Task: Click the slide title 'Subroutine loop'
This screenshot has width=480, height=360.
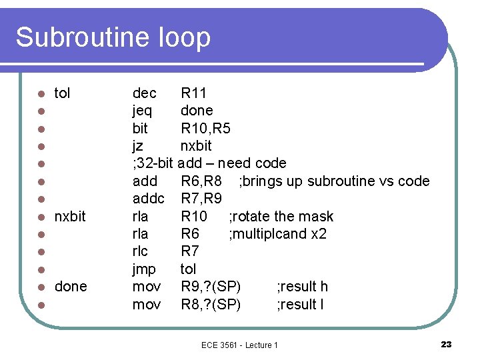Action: click(x=113, y=37)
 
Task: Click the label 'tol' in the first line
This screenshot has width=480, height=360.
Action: click(x=62, y=93)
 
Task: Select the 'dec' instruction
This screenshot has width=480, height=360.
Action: click(x=145, y=93)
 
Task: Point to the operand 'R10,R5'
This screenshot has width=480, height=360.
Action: click(x=205, y=128)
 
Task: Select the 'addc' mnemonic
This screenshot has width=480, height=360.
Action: click(x=149, y=199)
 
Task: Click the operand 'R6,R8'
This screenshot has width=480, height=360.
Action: click(x=201, y=181)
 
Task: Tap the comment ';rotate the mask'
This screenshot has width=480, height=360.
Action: click(x=281, y=216)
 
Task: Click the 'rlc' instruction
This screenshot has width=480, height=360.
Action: click(x=140, y=251)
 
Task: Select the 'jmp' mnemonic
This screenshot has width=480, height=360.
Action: click(x=144, y=269)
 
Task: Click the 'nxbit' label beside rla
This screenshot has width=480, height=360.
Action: click(x=70, y=217)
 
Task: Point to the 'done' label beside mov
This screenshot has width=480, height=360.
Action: click(x=71, y=287)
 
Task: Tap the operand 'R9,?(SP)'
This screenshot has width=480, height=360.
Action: click(x=211, y=287)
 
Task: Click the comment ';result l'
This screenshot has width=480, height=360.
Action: click(x=300, y=304)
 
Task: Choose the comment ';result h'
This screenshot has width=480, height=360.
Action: click(x=302, y=287)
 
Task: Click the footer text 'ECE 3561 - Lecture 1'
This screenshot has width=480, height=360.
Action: click(x=239, y=345)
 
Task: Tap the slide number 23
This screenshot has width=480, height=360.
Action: click(x=446, y=344)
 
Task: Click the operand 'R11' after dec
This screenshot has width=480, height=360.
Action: click(x=194, y=93)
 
